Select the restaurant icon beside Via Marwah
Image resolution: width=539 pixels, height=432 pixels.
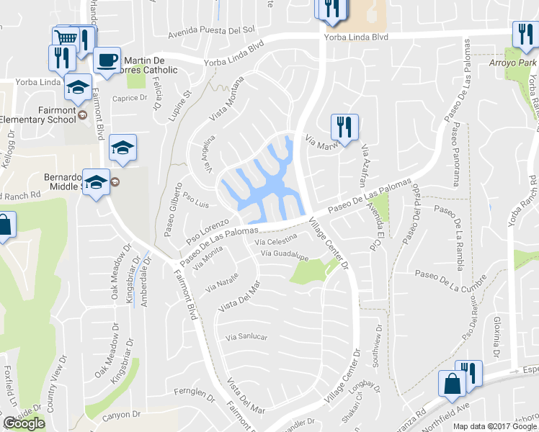[x=344, y=127]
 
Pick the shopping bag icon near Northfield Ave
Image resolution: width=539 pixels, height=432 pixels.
[x=452, y=383]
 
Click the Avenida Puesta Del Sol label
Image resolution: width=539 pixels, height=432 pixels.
[x=212, y=31]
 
